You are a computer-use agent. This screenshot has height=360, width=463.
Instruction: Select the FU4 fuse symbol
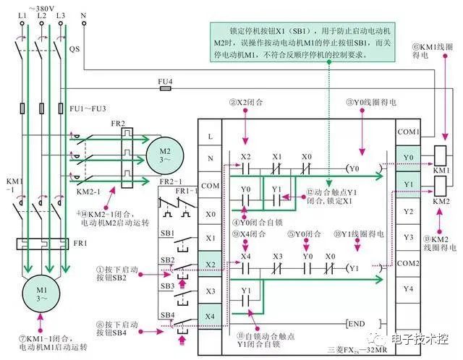pyautogui.click(x=165, y=90)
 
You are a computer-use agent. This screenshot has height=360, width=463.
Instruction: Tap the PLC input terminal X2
pyautogui.click(x=210, y=265)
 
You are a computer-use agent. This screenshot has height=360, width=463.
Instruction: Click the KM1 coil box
pyautogui.click(x=441, y=157)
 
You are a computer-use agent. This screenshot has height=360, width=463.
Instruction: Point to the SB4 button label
pyautogui.click(x=166, y=314)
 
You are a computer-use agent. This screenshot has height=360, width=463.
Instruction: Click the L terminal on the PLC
pyautogui.click(x=210, y=135)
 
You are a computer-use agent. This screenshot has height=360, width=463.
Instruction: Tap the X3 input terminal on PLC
pyautogui.click(x=210, y=291)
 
